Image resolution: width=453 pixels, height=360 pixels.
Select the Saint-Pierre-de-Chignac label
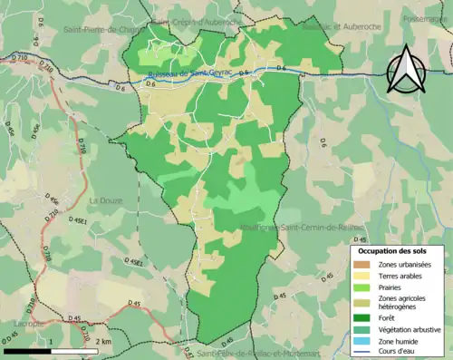click(103, 29)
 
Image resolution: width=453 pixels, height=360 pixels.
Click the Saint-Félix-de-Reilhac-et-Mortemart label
click(258, 354)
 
